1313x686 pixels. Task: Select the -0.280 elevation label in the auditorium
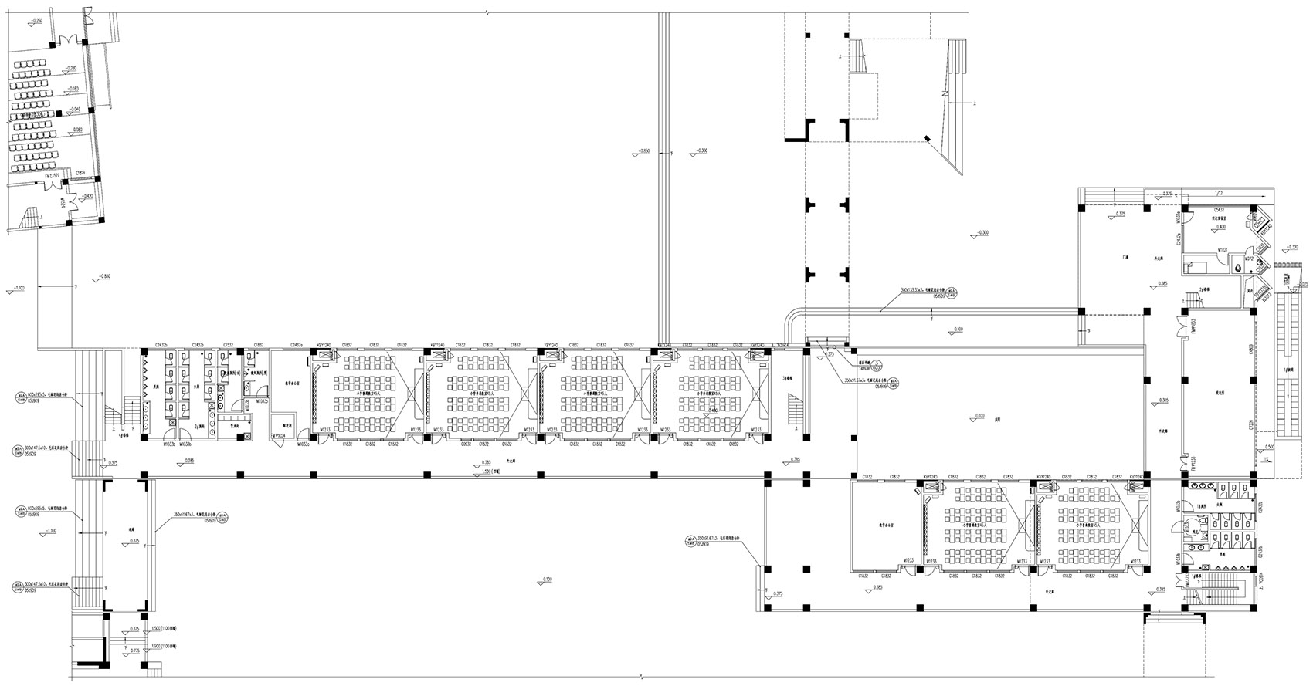pos(72,68)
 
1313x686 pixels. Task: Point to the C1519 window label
pos(80,173)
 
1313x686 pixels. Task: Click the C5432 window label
pos(1219,209)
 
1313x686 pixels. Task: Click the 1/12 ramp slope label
pos(1219,192)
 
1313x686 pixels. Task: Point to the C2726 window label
pos(1250,424)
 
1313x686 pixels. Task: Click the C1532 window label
pos(229,345)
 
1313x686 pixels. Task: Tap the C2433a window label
pos(297,345)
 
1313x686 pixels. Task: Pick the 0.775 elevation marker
pos(135,651)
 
